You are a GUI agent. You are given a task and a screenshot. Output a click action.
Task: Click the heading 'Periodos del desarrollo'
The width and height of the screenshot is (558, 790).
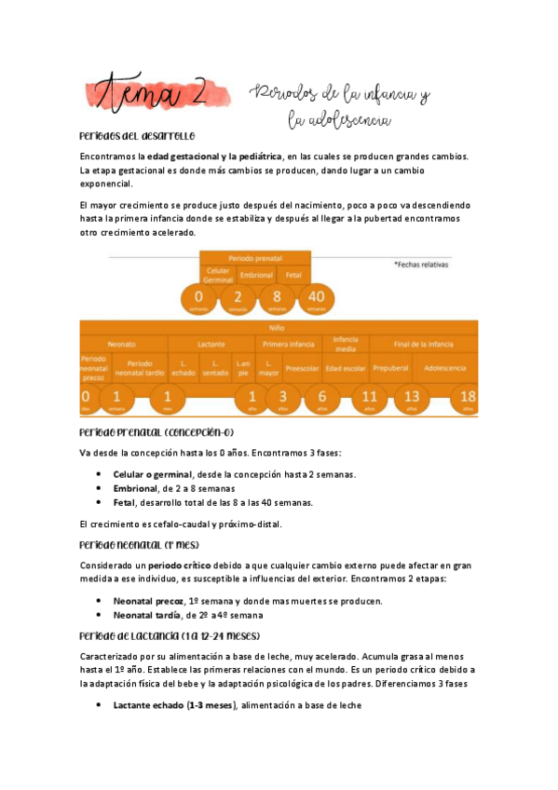tap(137, 136)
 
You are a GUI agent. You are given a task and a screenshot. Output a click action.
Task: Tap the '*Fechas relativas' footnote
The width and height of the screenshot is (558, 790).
tap(422, 265)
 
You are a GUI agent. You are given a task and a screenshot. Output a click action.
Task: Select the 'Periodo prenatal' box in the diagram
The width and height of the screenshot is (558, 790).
tap(255, 257)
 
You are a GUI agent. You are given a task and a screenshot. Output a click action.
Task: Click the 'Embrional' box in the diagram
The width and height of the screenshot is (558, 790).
tap(255, 276)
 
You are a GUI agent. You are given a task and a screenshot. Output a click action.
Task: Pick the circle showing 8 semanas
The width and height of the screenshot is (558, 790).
tap(277, 299)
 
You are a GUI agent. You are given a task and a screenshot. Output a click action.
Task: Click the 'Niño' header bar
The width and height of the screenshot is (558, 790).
tap(279, 328)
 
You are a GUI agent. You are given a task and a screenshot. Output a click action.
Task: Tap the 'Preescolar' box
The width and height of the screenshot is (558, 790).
tap(302, 367)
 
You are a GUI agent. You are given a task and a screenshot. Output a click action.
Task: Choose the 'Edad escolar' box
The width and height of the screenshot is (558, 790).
tap(345, 367)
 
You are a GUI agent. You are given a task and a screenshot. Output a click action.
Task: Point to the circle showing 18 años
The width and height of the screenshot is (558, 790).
tap(467, 398)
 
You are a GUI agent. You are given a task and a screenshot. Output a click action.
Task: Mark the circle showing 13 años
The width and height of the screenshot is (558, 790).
tap(411, 398)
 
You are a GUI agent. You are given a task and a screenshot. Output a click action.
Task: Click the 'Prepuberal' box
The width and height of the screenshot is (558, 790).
tap(390, 367)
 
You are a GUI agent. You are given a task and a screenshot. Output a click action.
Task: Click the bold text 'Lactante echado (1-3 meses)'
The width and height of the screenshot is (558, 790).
tap(175, 705)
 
